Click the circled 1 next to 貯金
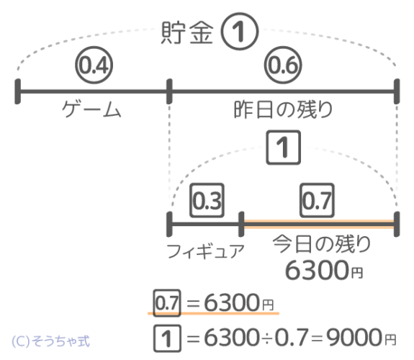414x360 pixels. coord(240,32)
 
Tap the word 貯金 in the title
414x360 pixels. coord(187,32)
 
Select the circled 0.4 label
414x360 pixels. coord(94,65)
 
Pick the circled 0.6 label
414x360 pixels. coord(283,65)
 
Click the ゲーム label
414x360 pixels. coord(91,109)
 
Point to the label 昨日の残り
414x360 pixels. coord(283,109)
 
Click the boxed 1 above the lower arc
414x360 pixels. coord(283,148)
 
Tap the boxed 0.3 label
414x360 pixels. coord(207,200)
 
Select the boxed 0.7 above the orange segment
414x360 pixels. coord(317,200)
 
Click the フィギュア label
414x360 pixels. coord(205,251)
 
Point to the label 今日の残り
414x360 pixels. coord(322,244)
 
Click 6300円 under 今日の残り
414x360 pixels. coord(324,270)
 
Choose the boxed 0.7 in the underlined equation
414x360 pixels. coord(167,303)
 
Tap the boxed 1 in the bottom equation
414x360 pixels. coord(167,338)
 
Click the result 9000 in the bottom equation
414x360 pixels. coord(354,338)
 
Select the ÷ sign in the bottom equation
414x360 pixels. coord(266,338)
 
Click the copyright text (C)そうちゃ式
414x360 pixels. coord(50,341)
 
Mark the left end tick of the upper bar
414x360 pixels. coord(18,91)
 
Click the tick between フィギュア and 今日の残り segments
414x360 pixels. coord(241,224)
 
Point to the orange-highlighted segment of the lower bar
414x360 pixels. coord(319,224)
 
